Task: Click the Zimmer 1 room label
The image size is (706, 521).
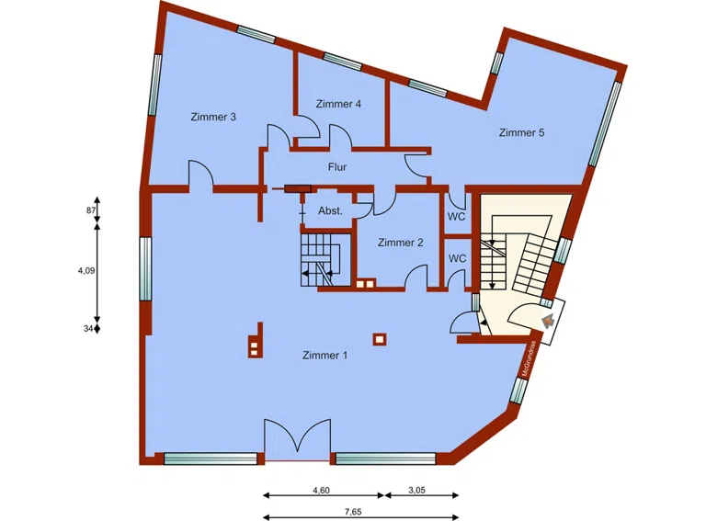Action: click(x=325, y=356)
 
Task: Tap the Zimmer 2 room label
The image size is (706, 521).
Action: click(x=400, y=243)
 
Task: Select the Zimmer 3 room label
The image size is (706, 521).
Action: click(x=213, y=117)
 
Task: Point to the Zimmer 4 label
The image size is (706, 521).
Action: click(x=337, y=104)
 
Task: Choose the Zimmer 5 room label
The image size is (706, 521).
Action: click(x=521, y=132)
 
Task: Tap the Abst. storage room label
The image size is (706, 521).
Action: click(x=330, y=210)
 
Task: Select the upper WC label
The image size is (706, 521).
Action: click(x=457, y=217)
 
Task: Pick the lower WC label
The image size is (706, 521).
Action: click(x=457, y=258)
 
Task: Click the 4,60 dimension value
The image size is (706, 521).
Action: click(x=321, y=491)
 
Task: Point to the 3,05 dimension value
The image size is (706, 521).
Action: click(x=416, y=491)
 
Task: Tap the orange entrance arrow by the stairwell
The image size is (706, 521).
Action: click(x=547, y=321)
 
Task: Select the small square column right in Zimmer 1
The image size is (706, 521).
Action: click(x=378, y=339)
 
